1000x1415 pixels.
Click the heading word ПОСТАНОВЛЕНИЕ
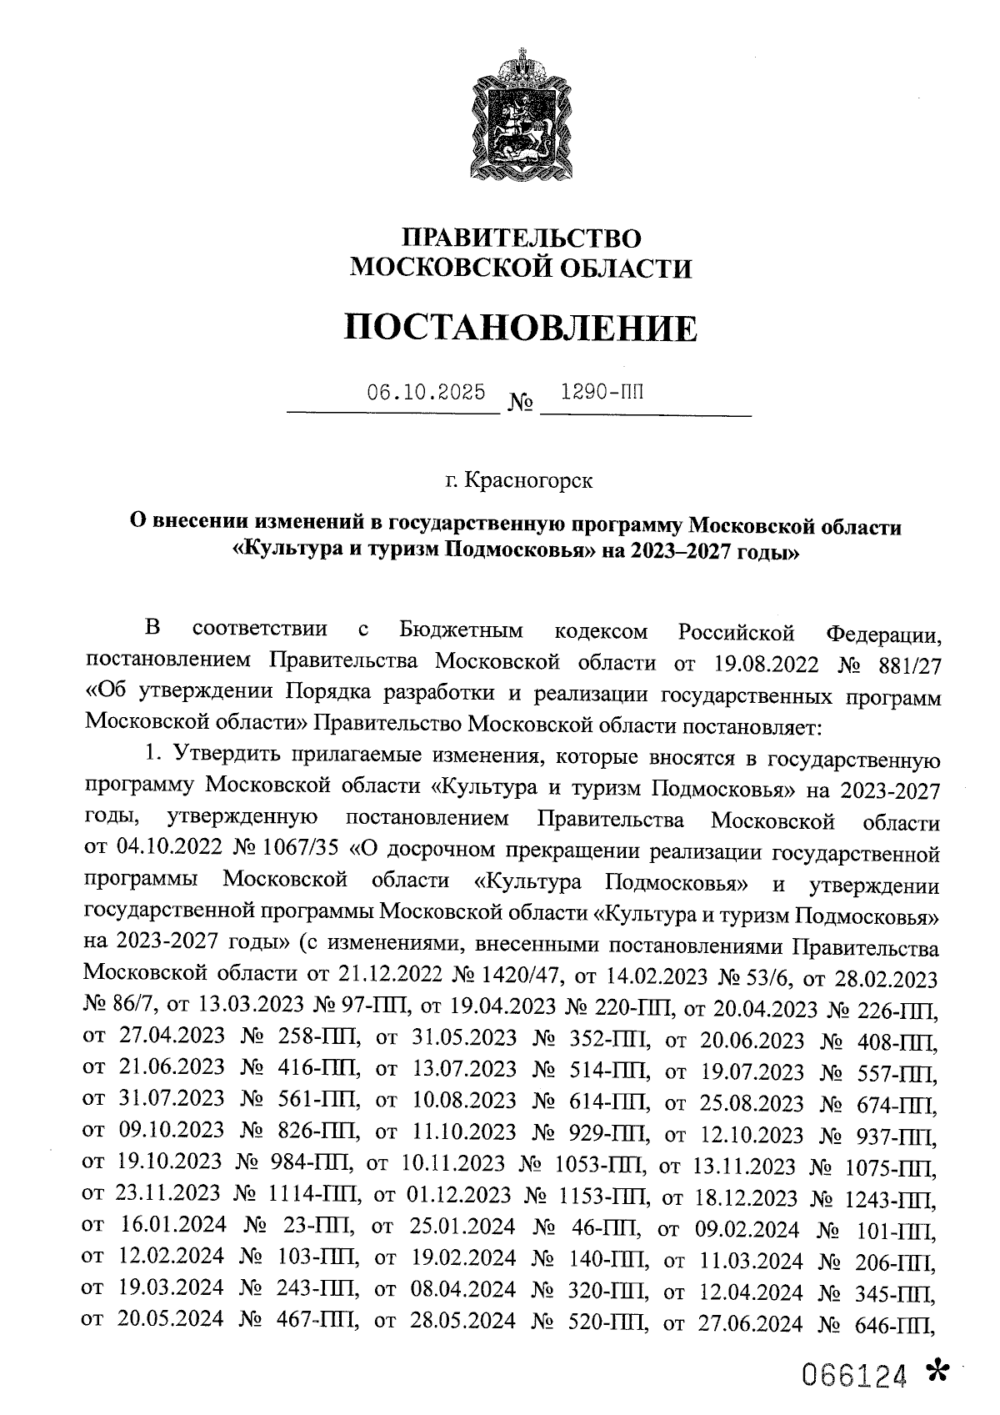(x=521, y=329)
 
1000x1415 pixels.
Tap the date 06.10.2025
(x=427, y=392)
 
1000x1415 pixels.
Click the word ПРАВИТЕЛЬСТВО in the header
(x=522, y=238)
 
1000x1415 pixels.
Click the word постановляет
(x=762, y=725)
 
